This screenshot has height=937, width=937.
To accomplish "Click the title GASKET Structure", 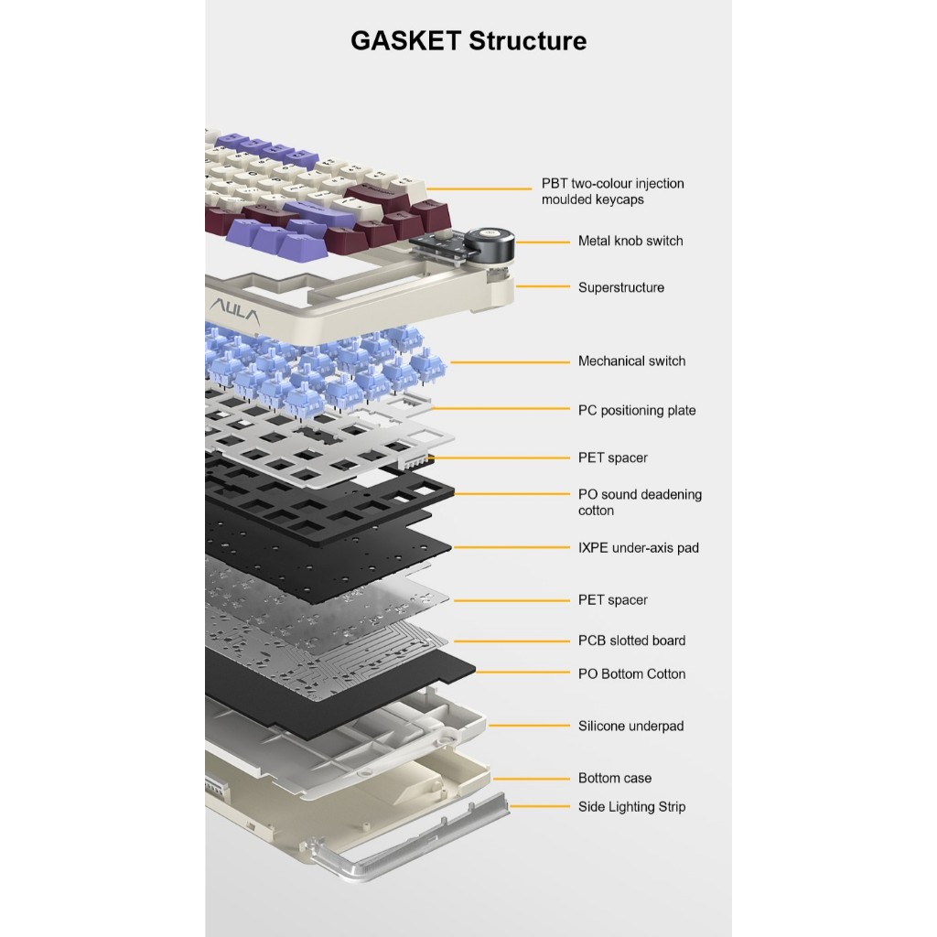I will pyautogui.click(x=468, y=41).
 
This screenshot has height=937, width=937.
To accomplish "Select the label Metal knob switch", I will pyautogui.click(x=630, y=242).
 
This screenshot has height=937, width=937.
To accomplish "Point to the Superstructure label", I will pyautogui.click(x=621, y=287).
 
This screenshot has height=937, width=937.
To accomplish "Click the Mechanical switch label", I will pyautogui.click(x=631, y=361).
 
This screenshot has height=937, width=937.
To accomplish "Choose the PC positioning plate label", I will pyautogui.click(x=637, y=411).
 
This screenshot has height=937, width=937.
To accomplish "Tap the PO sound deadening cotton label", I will pyautogui.click(x=640, y=502).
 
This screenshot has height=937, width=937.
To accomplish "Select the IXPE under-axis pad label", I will pyautogui.click(x=638, y=548).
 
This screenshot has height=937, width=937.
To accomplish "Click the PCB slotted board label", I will pyautogui.click(x=631, y=641).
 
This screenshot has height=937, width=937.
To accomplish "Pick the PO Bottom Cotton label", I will pyautogui.click(x=631, y=674).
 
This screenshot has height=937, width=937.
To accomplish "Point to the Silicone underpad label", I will pyautogui.click(x=630, y=727).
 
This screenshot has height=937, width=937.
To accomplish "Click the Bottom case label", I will pyautogui.click(x=615, y=779).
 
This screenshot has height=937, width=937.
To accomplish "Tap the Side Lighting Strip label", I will pyautogui.click(x=631, y=807).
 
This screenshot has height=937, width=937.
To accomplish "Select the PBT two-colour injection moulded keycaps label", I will pyautogui.click(x=612, y=191).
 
